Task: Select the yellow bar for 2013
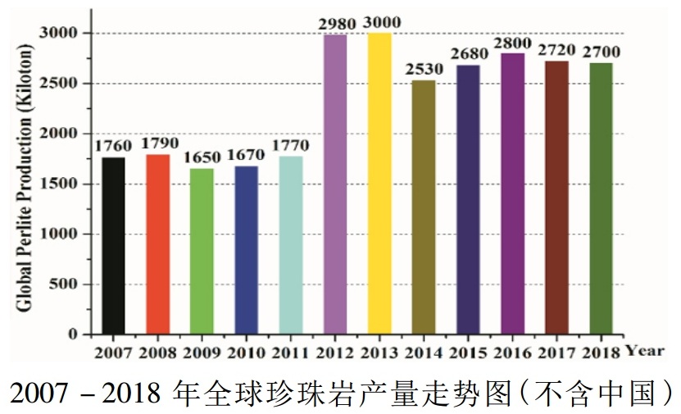(x=379, y=184)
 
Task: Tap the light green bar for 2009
(x=202, y=252)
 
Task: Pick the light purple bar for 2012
(x=334, y=184)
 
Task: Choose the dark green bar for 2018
(x=601, y=198)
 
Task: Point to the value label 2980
(x=335, y=23)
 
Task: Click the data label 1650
(x=202, y=157)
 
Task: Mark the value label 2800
(x=512, y=42)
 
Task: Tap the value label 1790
(x=157, y=143)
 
